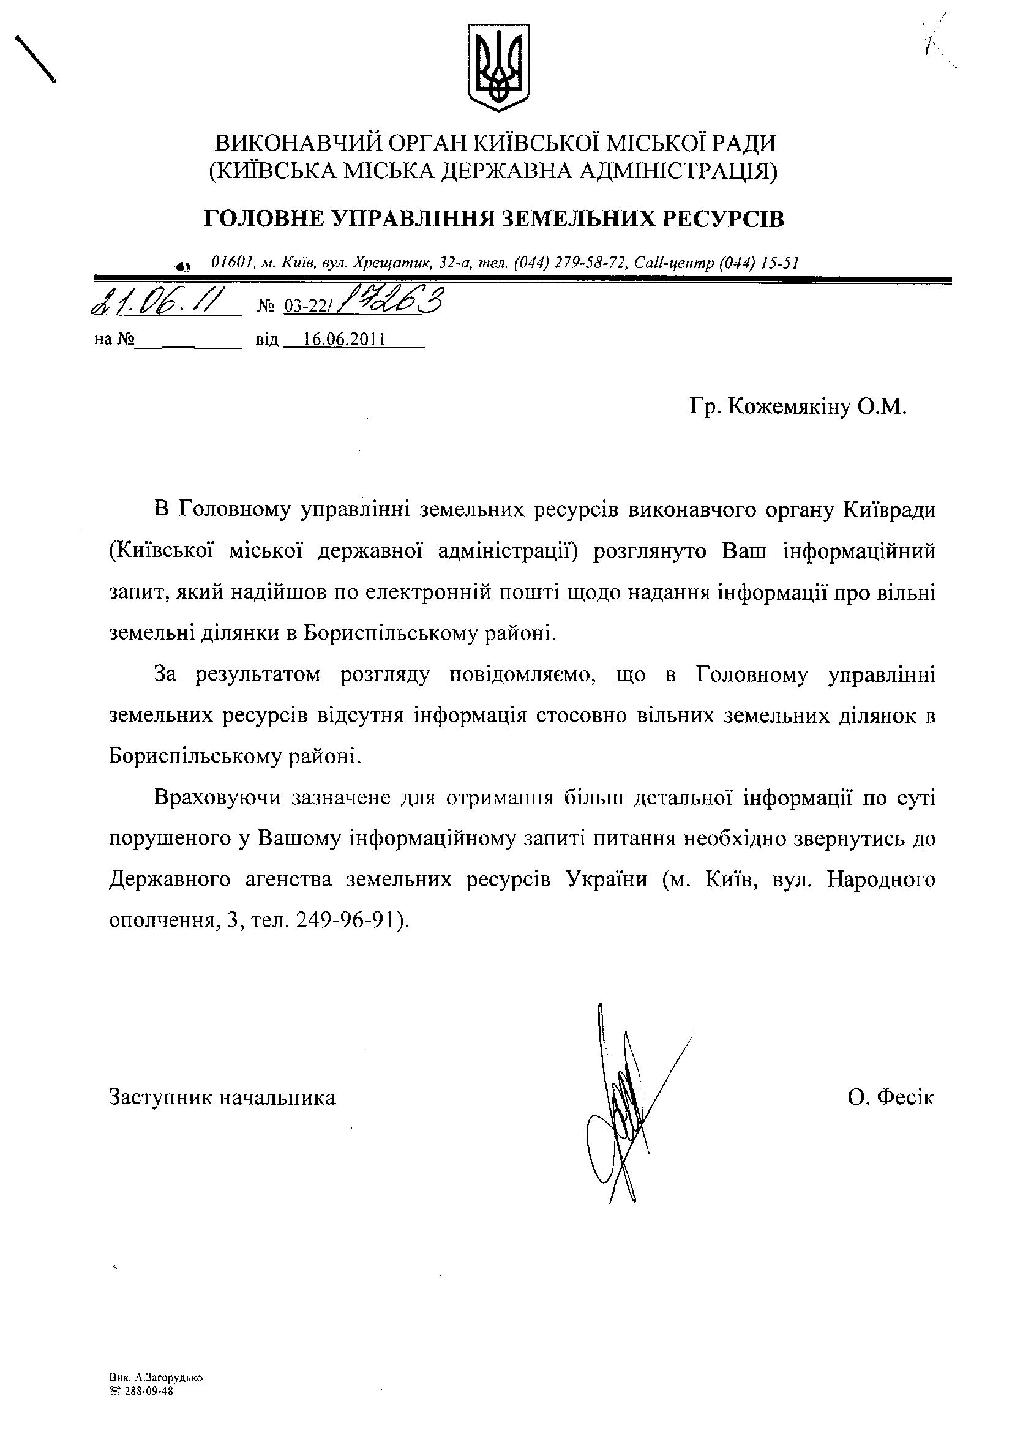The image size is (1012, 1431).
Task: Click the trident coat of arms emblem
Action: click(x=498, y=68)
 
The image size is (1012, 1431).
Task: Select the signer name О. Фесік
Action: click(x=890, y=1097)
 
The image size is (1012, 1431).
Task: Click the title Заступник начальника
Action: click(x=223, y=1097)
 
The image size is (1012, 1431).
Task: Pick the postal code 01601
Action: click(x=231, y=263)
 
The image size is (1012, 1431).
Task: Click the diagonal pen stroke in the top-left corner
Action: click(x=36, y=59)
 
